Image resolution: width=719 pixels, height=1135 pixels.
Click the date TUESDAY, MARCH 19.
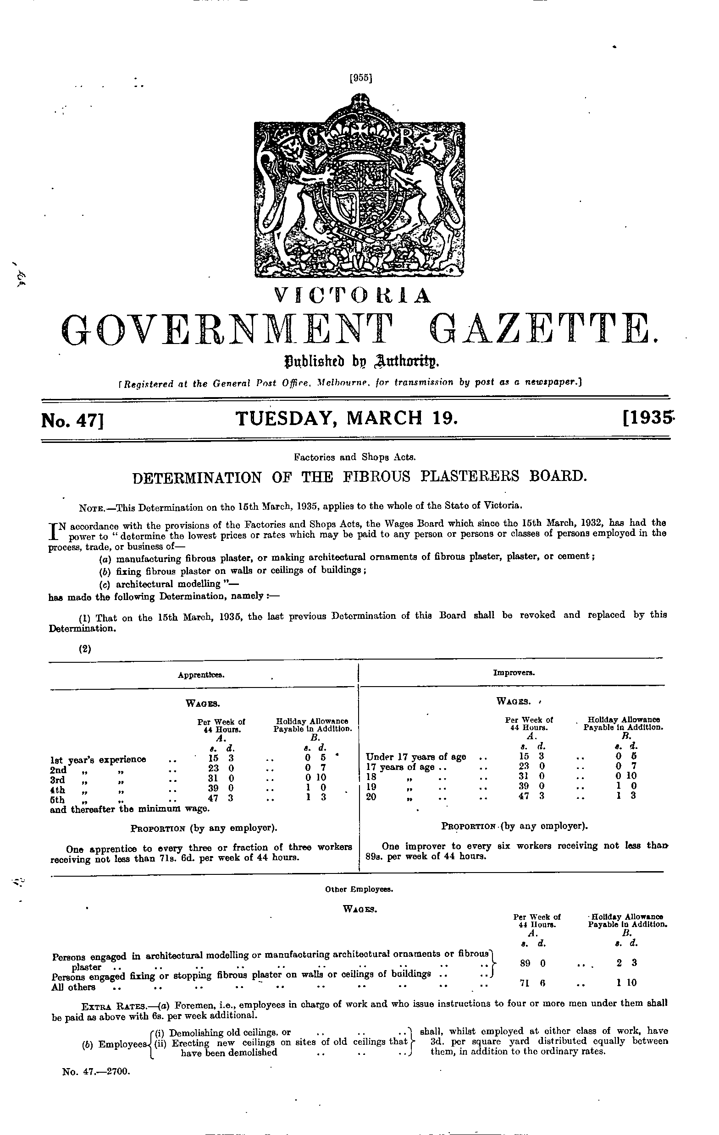(x=346, y=418)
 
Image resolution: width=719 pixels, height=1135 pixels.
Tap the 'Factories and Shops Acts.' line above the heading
(x=354, y=457)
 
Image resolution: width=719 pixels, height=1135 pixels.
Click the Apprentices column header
(x=201, y=675)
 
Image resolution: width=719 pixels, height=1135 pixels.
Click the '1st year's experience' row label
(x=98, y=759)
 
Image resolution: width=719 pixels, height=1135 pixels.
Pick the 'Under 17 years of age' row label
(x=415, y=757)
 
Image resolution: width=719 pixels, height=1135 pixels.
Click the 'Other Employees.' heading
(x=359, y=889)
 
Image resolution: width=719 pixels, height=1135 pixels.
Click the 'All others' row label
(x=73, y=987)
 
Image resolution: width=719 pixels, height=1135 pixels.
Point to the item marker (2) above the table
(x=85, y=649)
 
